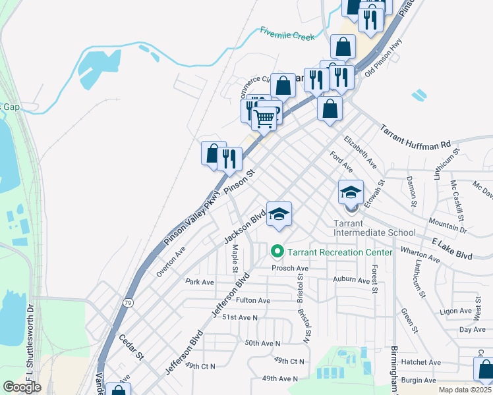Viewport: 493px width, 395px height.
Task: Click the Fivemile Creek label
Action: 287,34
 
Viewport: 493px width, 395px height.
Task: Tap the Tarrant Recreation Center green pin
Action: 277,251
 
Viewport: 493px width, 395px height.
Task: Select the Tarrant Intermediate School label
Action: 374,228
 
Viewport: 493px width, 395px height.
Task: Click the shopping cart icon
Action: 264,119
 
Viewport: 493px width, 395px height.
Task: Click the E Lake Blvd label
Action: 453,250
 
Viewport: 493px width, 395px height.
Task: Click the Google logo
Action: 22,386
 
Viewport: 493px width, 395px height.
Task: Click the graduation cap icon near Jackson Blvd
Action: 279,214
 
